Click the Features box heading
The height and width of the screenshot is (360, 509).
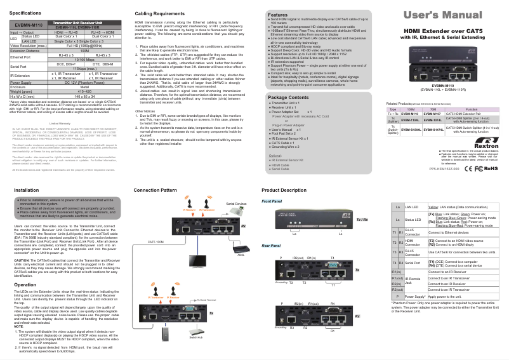point(278,14)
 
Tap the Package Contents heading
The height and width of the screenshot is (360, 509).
point(289,97)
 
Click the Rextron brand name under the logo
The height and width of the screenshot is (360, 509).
point(483,145)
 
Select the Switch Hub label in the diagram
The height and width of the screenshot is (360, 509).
point(195,337)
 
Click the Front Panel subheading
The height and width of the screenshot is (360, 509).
point(272,201)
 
